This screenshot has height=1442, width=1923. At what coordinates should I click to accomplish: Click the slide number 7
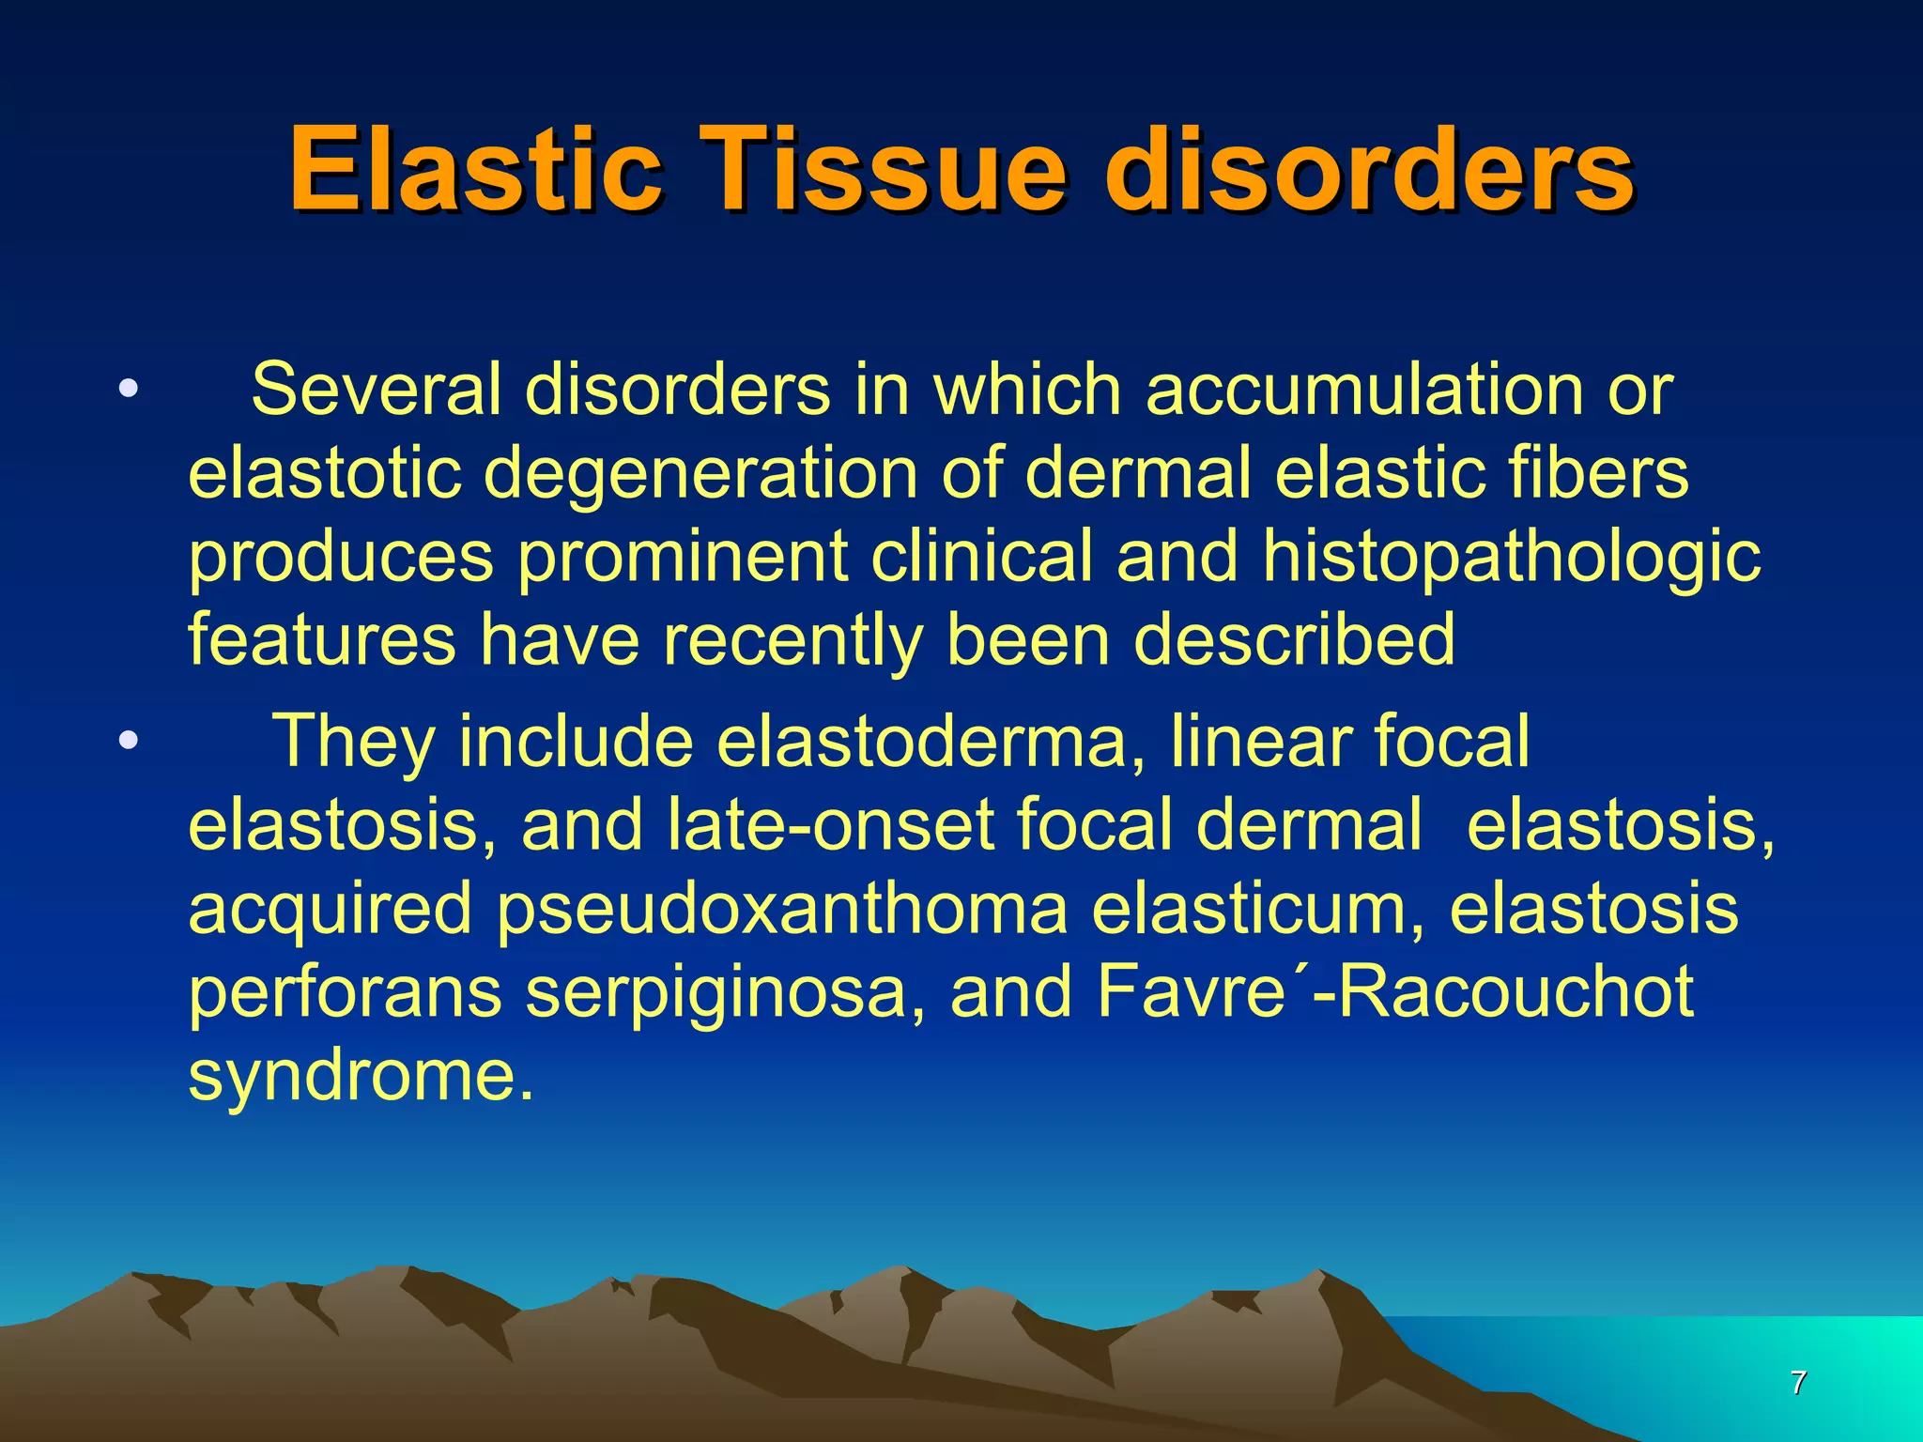coord(1798,1383)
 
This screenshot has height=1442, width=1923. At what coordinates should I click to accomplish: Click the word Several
coord(376,390)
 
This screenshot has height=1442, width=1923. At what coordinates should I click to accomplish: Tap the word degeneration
coord(700,472)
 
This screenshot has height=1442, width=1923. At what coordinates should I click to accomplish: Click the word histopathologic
coord(1512,556)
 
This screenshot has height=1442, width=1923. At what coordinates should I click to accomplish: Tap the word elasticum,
coord(1258,909)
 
